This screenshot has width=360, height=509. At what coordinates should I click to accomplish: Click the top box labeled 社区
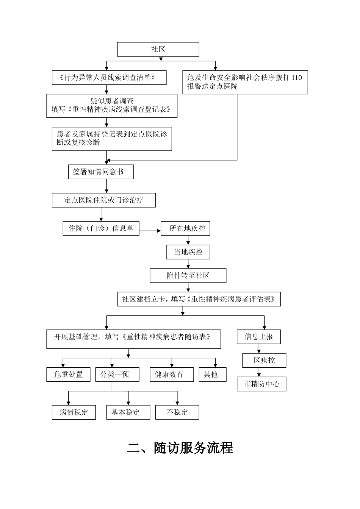(158, 49)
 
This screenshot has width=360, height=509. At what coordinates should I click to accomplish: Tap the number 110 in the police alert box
(297, 78)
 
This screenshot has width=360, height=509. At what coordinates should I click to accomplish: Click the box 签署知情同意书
(101, 172)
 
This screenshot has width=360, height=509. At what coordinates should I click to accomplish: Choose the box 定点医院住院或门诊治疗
(103, 200)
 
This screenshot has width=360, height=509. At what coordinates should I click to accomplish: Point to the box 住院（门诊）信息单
(101, 228)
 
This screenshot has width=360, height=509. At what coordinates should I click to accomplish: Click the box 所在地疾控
(185, 228)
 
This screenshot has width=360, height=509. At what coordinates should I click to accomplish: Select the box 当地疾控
(188, 252)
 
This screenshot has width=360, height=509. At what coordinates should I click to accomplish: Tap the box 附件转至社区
(188, 276)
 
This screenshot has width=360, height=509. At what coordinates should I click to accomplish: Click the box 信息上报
(259, 337)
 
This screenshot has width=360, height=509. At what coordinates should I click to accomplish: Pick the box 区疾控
(264, 361)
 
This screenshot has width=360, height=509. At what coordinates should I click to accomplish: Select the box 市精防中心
(261, 384)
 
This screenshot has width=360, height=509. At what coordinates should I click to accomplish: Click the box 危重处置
(68, 375)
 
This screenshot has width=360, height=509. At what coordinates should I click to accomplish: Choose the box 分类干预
(117, 375)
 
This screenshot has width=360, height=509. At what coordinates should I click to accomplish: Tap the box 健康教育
(172, 375)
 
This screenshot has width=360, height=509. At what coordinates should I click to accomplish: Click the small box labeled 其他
(213, 375)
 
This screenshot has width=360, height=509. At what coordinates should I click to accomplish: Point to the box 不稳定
(177, 412)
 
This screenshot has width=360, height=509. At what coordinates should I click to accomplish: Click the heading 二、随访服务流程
(180, 448)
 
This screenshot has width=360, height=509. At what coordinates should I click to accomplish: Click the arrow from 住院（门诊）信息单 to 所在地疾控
(150, 231)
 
